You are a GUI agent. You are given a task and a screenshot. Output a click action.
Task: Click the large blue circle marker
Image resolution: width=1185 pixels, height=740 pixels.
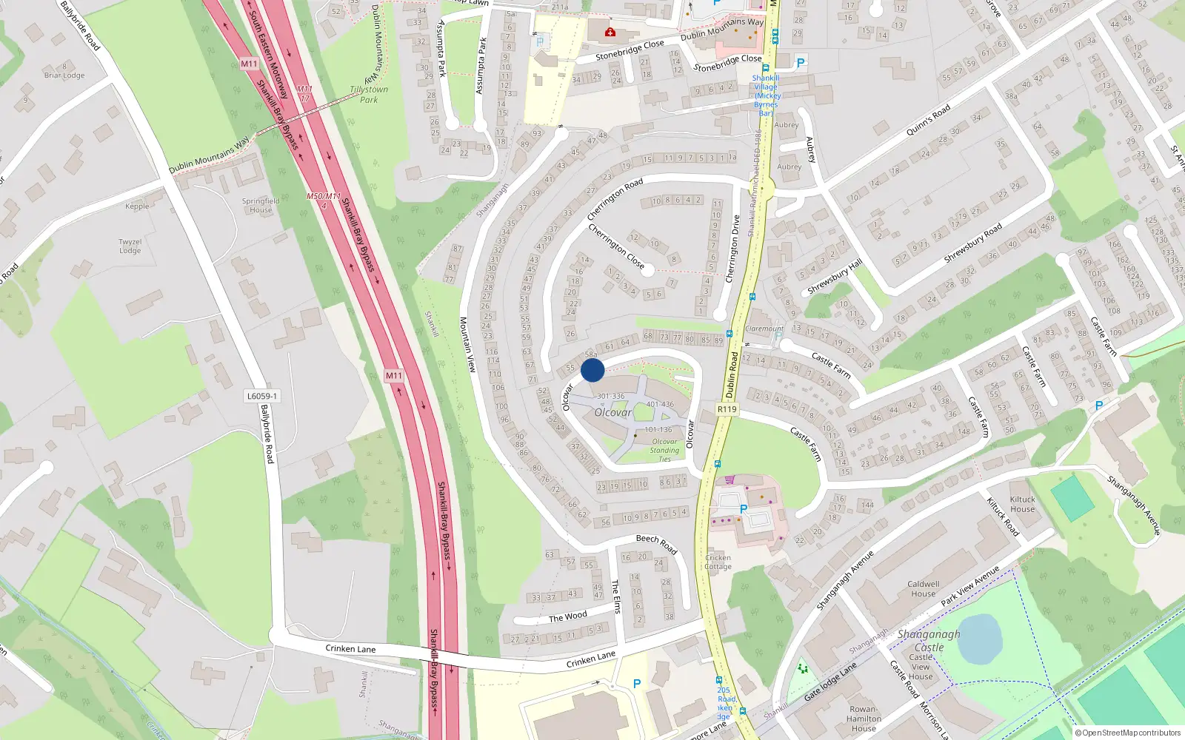pyautogui.click(x=592, y=370)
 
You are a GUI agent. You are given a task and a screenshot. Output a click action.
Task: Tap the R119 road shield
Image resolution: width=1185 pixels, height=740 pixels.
pyautogui.click(x=727, y=409)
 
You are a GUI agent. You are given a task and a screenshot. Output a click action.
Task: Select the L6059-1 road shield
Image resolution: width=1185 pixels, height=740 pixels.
pyautogui.click(x=262, y=396)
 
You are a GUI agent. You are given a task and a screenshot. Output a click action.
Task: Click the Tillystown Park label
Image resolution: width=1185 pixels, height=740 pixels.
pyautogui.click(x=369, y=95)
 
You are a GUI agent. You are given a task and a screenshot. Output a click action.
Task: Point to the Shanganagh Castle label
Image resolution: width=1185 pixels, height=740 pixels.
pyautogui.click(x=929, y=641)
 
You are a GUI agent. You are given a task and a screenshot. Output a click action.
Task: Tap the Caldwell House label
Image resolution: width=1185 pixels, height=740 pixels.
pyautogui.click(x=923, y=589)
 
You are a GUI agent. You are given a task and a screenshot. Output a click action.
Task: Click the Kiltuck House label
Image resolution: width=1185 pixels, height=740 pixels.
pyautogui.click(x=1023, y=504)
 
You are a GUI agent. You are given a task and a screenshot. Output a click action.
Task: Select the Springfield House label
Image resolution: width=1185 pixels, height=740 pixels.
pyautogui.click(x=261, y=205)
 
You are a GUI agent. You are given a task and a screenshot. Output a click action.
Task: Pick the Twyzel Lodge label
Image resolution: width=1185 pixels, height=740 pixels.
pyautogui.click(x=130, y=246)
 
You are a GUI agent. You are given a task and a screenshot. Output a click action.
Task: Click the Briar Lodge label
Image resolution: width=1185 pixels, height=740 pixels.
pyautogui.click(x=64, y=75)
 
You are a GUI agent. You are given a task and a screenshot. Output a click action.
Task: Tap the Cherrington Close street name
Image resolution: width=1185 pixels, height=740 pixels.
pyautogui.click(x=615, y=246)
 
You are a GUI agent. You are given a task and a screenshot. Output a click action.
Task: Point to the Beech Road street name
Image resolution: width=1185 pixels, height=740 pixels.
pyautogui.click(x=656, y=543)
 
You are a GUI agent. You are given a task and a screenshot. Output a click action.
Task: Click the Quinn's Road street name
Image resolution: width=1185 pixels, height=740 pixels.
pyautogui.click(x=928, y=121)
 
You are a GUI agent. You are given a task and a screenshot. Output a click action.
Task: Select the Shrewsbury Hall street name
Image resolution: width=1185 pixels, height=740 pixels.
pyautogui.click(x=834, y=277)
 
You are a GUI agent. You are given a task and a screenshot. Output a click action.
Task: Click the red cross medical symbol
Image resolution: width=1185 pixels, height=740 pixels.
pyautogui.click(x=610, y=32)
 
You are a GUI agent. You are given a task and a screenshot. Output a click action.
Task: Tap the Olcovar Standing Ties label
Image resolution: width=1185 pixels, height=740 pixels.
pyautogui.click(x=664, y=450)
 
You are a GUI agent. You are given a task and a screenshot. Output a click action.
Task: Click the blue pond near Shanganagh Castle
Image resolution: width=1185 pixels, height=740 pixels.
pyautogui.click(x=979, y=639)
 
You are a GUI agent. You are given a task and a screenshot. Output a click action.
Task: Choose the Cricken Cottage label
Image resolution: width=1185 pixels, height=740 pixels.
pyautogui.click(x=718, y=562)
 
